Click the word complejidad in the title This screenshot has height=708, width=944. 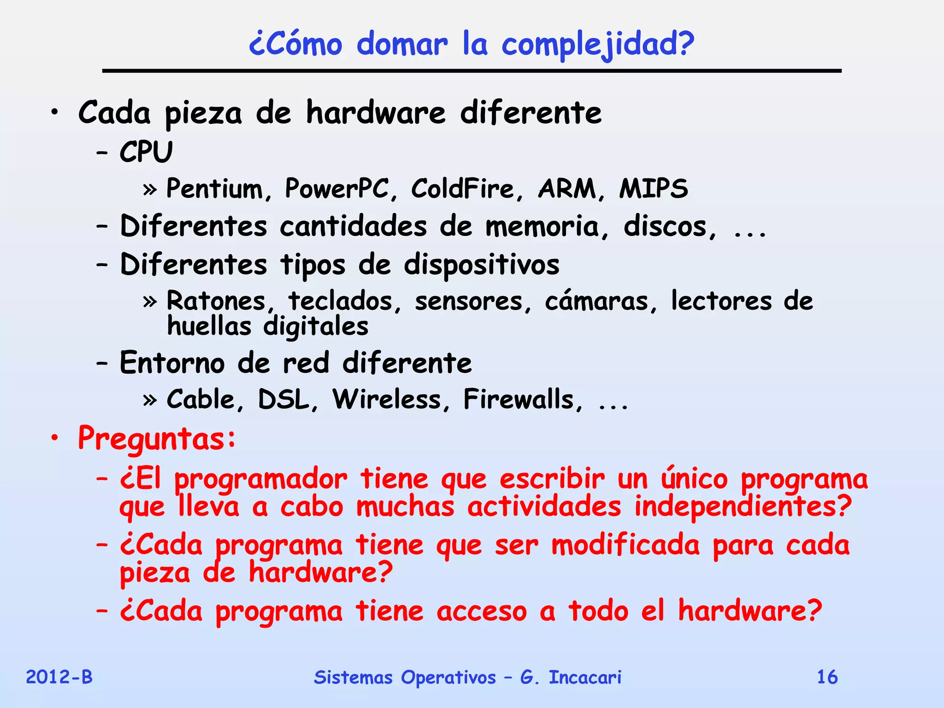597,45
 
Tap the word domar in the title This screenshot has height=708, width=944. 402,44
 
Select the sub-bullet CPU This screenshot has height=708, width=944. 146,152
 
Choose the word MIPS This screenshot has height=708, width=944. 654,189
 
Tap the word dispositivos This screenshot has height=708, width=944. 482,265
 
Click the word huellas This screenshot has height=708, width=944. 209,326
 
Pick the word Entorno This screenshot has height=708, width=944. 172,363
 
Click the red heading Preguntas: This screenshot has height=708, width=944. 157,438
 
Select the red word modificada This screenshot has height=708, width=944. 625,545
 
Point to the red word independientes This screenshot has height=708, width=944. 743,507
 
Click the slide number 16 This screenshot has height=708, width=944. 827,677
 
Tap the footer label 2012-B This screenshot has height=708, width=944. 59,677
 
